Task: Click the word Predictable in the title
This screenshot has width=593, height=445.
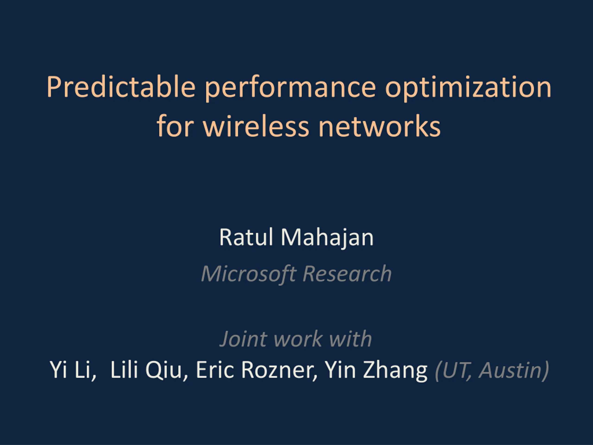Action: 121,87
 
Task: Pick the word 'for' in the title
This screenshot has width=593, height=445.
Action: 175,126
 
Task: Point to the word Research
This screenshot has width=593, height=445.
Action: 347,273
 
